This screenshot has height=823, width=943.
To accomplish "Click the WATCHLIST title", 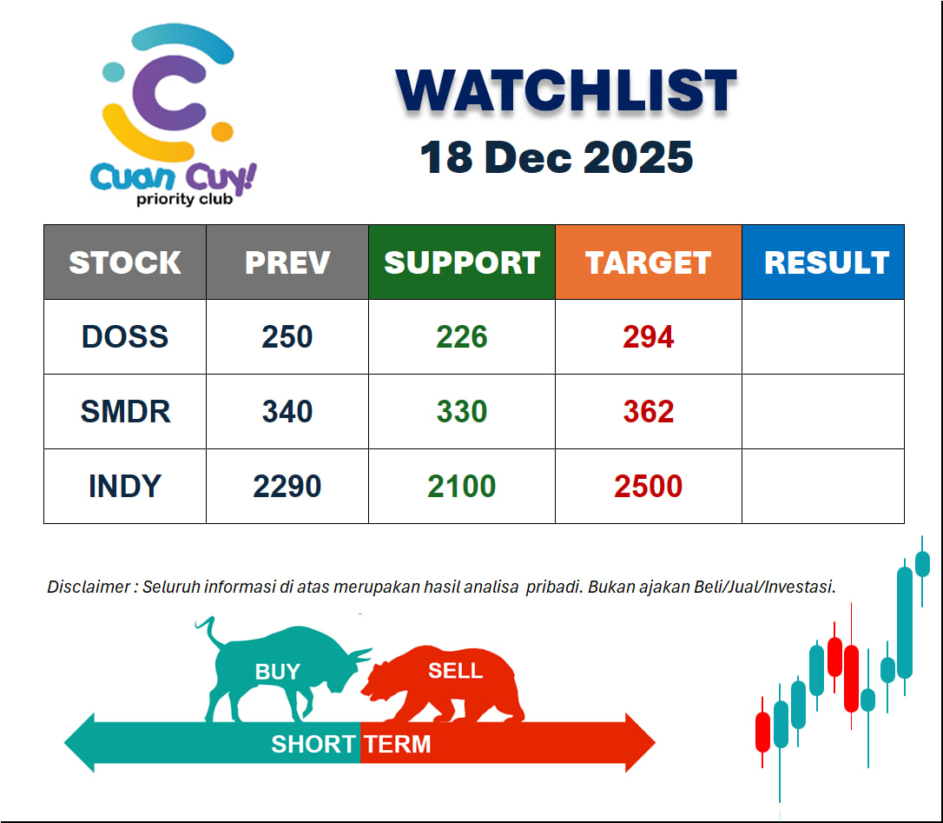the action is point(566,90).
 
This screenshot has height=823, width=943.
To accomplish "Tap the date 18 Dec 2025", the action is point(557,158).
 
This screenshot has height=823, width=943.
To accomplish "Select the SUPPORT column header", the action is point(462,262).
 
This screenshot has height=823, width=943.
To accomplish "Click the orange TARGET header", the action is point(649,262).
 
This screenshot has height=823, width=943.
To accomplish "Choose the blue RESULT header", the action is point(823,262).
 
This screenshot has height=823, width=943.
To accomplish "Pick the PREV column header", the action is point(287,262).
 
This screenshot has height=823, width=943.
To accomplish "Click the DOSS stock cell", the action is point(125,336).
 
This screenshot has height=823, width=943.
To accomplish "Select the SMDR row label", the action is point(125,411).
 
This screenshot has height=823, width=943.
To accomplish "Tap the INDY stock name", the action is point(125,486).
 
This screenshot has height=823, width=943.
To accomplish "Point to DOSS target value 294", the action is point(649,336).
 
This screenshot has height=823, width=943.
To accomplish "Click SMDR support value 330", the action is point(462,411).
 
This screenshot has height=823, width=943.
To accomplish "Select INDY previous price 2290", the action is point(287,486).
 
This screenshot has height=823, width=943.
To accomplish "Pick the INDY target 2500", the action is point(649,486).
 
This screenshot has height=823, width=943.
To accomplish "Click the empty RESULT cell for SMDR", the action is point(823,411).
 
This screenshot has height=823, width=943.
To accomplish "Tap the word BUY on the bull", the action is point(277,671).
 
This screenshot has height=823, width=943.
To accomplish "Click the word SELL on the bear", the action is point(455,670).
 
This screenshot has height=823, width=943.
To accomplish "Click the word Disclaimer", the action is point(89,587).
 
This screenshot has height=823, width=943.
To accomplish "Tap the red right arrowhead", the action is point(640,742).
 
